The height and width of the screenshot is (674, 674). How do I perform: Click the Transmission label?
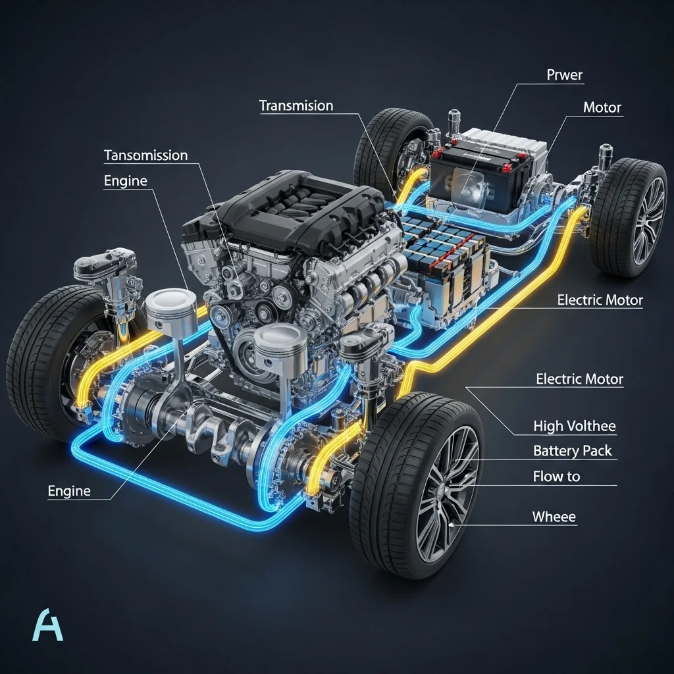coord(296,106)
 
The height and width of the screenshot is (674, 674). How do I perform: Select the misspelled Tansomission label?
coord(145,155)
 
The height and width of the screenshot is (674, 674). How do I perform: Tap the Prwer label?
coord(564,75)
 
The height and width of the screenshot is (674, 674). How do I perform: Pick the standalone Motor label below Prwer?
coord(602,107)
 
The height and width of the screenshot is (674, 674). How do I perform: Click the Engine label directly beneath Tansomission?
coord(126,181)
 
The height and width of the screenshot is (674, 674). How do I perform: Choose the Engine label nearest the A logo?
coord(69,491)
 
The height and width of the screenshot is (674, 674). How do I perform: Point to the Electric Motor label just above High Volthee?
coord(579,379)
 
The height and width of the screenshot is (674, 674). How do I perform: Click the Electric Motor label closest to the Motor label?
coord(600,300)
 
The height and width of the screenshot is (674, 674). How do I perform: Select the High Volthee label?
coord(574,426)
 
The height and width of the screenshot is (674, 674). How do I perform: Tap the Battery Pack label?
coord(572,450)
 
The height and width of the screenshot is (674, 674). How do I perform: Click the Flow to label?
coord(556,477)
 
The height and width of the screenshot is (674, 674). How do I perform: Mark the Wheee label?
coord(554,516)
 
